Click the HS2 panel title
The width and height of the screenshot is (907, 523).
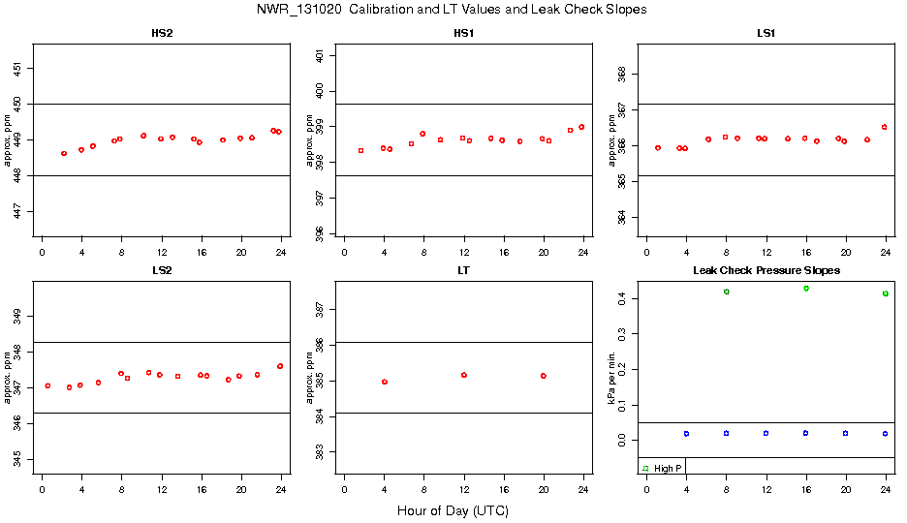(162, 34)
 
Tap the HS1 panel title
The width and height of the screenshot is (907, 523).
(464, 34)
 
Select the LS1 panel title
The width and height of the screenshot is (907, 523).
(766, 34)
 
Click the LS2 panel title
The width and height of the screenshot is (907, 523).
(162, 270)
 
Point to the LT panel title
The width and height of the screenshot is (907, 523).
(464, 270)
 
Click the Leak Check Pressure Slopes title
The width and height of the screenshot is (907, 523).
(766, 270)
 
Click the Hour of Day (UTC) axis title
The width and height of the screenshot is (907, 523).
(453, 510)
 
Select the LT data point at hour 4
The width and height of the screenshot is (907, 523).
(385, 382)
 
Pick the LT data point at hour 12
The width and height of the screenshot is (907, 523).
(464, 375)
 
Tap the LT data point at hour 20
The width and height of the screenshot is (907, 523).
(544, 376)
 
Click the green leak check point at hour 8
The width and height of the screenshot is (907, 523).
(726, 292)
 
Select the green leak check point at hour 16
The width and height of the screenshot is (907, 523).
(806, 289)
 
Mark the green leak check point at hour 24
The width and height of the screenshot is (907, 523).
(886, 293)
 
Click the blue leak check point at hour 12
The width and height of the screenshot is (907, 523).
(766, 433)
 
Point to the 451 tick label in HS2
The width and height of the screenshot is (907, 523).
(18, 68)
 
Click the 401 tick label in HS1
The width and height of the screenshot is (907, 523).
(321, 56)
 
